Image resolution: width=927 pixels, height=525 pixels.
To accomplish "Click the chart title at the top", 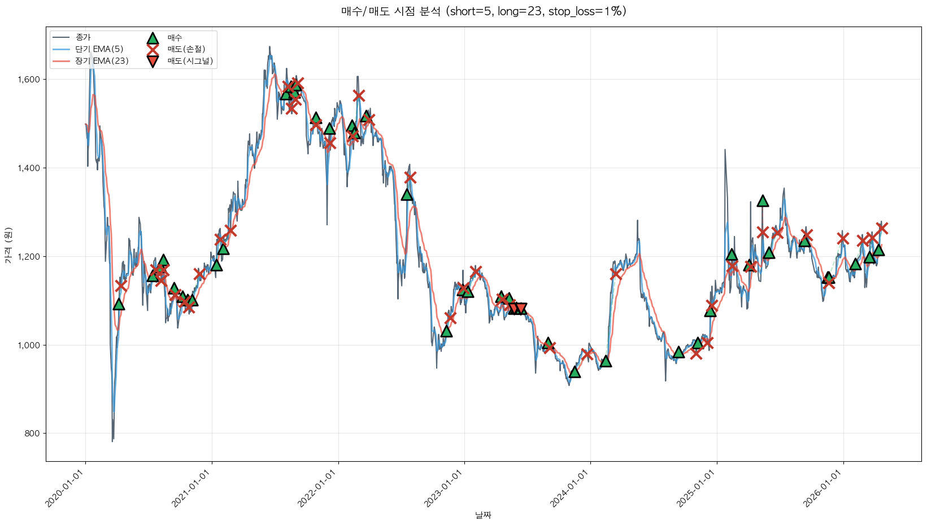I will (484, 11).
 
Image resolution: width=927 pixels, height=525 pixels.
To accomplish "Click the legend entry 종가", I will (82, 37).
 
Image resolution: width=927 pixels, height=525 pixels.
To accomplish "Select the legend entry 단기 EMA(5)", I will (99, 49).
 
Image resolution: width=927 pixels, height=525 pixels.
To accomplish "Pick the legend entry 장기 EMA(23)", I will (102, 61).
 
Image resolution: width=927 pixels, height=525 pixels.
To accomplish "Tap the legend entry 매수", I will (175, 37).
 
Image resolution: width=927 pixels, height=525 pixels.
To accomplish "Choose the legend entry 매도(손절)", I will (186, 49).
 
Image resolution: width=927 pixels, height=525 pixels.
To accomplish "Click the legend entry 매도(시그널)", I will (190, 61).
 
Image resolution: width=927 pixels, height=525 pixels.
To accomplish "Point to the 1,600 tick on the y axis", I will (29, 80).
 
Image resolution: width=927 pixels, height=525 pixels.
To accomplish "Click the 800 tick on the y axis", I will (33, 434).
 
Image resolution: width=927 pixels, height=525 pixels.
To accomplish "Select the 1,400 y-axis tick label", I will (29, 168).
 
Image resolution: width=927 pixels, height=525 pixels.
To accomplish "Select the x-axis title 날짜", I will (483, 515).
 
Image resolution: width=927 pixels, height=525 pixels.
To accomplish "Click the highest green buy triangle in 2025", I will (763, 201).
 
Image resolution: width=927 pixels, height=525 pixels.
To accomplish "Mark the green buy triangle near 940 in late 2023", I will (575, 371).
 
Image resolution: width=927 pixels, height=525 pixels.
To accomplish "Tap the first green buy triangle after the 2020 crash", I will (119, 304).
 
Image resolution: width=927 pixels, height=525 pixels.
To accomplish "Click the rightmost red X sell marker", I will (882, 228).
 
